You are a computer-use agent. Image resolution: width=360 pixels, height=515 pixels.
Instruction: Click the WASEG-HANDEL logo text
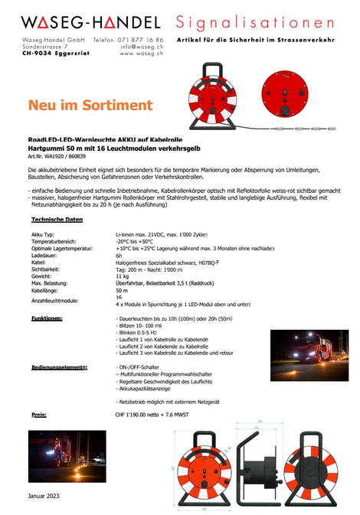click(91, 23)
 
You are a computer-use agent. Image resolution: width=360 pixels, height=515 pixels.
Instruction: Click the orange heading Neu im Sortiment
click(80, 105)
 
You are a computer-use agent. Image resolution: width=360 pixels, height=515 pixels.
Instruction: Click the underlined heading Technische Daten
click(57, 220)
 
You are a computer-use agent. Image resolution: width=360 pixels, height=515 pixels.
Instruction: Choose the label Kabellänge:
click(48, 291)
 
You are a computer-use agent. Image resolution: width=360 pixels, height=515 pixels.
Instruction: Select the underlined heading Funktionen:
click(47, 317)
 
